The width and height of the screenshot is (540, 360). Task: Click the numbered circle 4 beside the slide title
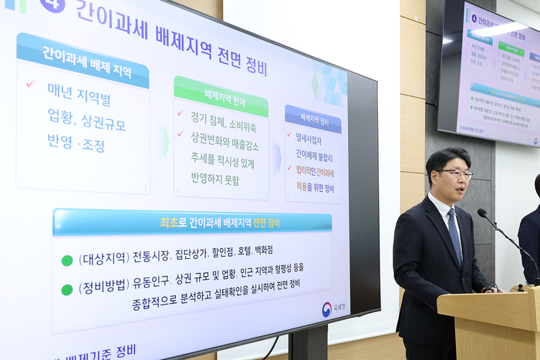tap(52, 4)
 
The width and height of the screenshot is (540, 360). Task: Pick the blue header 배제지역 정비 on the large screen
tap(313, 119)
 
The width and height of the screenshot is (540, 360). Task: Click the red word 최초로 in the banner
tap(169, 223)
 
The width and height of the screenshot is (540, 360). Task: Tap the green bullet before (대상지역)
tap(67, 260)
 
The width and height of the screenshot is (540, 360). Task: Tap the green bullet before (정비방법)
tap(67, 290)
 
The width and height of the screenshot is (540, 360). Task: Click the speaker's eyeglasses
tap(457, 174)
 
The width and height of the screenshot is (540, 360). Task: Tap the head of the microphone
tap(482, 213)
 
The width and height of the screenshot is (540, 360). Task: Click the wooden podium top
tap(488, 299)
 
